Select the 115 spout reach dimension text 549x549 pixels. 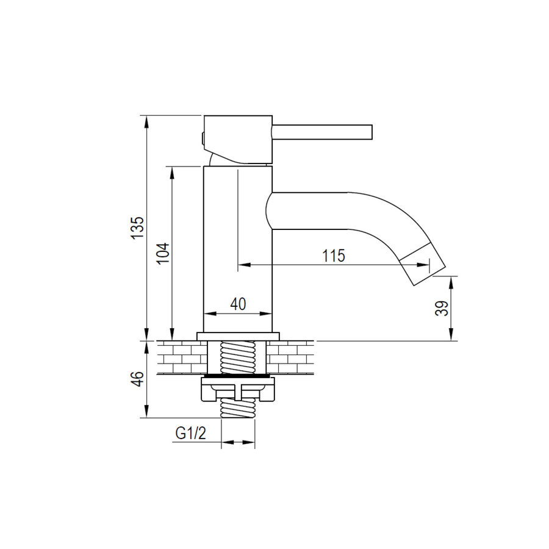pyautogui.click(x=334, y=256)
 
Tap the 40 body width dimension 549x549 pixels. pyautogui.click(x=238, y=304)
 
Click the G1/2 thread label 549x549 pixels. pyautogui.click(x=191, y=433)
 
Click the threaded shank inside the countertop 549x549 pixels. pyautogui.click(x=237, y=357)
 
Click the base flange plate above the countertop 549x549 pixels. pyautogui.click(x=237, y=335)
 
